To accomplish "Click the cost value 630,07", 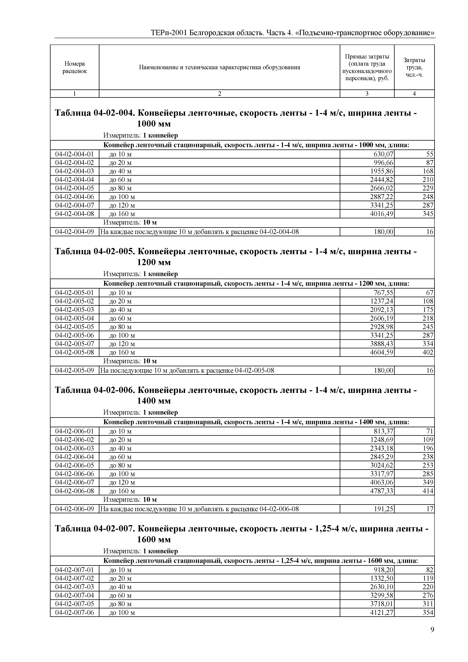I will click(383, 154).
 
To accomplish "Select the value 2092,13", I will click(382, 310).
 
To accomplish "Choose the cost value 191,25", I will click(383, 509).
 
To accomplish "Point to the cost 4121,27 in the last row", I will click(382, 612).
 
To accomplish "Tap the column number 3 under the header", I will click(367, 93).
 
